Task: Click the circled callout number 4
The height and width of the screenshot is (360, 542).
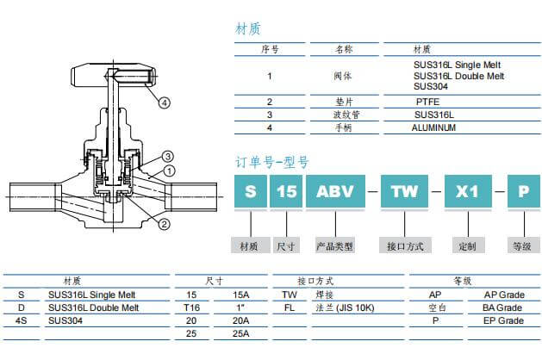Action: click(x=165, y=102)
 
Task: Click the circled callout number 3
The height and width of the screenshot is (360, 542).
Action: click(x=169, y=156)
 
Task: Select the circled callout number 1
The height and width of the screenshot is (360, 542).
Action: click(x=170, y=171)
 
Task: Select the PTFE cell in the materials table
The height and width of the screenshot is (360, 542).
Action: click(x=428, y=102)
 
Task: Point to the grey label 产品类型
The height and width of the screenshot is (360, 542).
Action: click(x=334, y=246)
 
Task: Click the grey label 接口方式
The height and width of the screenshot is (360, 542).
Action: click(x=405, y=246)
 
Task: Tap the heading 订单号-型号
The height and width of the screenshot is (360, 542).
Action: click(x=272, y=161)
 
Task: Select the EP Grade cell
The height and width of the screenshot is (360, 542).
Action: click(x=503, y=320)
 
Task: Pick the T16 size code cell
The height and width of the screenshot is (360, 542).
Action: click(x=193, y=307)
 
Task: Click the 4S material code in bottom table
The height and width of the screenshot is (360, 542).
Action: click(x=22, y=320)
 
